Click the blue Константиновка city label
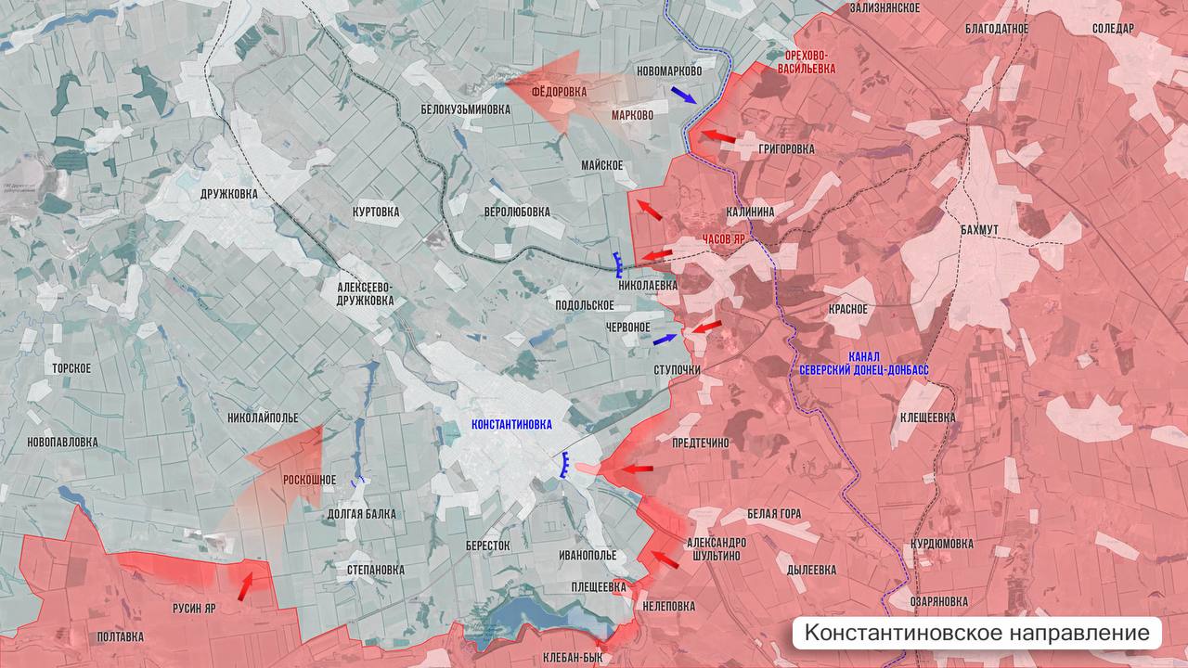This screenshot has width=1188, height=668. tap(511, 425)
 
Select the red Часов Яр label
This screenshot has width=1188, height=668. tap(724, 239)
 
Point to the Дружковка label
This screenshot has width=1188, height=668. tap(229, 195)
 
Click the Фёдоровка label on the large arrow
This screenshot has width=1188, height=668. tap(559, 93)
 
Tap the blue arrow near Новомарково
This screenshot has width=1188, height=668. tap(684, 95)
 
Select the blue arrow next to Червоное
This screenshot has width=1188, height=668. tap(665, 340)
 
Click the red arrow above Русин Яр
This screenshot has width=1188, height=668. tap(245, 585)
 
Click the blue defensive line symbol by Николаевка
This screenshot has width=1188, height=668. tap(617, 264)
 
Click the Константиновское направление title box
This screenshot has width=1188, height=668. tap(976, 633)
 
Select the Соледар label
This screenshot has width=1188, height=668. tap(1113, 29)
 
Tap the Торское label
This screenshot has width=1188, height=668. tap(71, 368)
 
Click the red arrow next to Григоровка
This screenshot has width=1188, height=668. tap(717, 137)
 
